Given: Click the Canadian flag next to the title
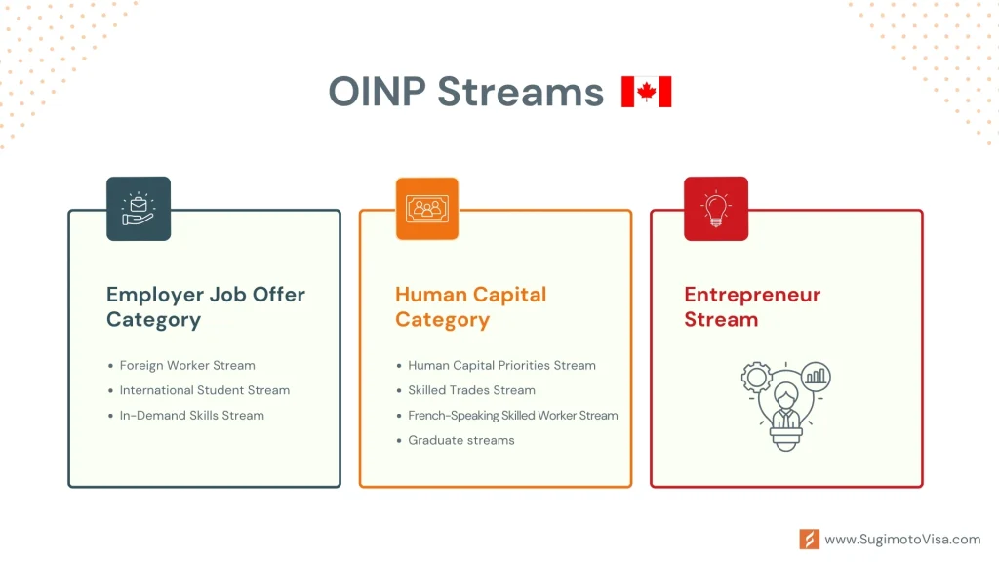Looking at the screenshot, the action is tap(646, 92).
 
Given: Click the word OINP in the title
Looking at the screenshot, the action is tap(378, 92).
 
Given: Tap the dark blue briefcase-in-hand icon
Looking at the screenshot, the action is tap(139, 209).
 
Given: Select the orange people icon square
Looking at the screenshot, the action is tap(427, 209).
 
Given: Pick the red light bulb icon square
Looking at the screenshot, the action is tap(716, 209).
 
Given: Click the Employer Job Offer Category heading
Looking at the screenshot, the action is tap(206, 306).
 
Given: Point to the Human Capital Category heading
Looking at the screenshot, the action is tap(471, 306).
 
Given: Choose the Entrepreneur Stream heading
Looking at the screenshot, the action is tap(752, 306).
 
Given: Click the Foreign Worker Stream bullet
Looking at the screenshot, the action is tap(187, 365).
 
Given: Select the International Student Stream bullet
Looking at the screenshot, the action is tap(205, 390).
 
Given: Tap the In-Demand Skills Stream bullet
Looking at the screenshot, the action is tap(192, 415).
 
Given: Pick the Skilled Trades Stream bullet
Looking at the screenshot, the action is tap(471, 390).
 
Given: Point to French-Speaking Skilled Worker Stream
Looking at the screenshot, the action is tap(513, 416).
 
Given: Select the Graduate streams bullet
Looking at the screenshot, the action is tap(461, 440).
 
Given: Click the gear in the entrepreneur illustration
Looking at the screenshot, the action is tap(757, 378).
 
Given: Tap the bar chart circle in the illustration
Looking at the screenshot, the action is tap(816, 376).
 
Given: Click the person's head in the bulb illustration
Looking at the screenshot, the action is tap(786, 396).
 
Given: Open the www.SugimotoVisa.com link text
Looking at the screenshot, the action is tap(902, 539).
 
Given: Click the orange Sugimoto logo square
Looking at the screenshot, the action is tap(810, 539).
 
